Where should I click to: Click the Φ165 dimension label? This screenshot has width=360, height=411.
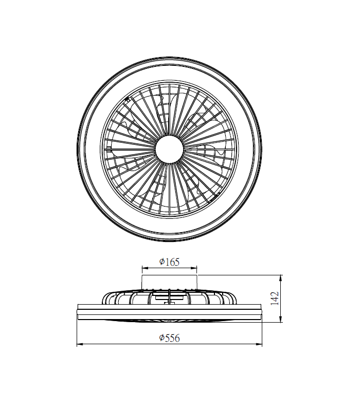[169, 262]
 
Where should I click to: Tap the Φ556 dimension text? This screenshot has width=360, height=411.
[169, 338]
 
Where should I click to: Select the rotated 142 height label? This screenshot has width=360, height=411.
[275, 298]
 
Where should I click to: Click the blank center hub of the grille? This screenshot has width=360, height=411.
[169, 149]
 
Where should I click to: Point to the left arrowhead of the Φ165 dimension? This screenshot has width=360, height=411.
[145, 268]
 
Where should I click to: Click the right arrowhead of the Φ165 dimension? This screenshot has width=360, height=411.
[194, 268]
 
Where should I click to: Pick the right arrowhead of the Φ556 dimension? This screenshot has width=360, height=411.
[259, 344]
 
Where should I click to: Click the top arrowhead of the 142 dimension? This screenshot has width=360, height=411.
[281, 278]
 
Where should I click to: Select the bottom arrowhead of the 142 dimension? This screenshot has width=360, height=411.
[281, 319]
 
